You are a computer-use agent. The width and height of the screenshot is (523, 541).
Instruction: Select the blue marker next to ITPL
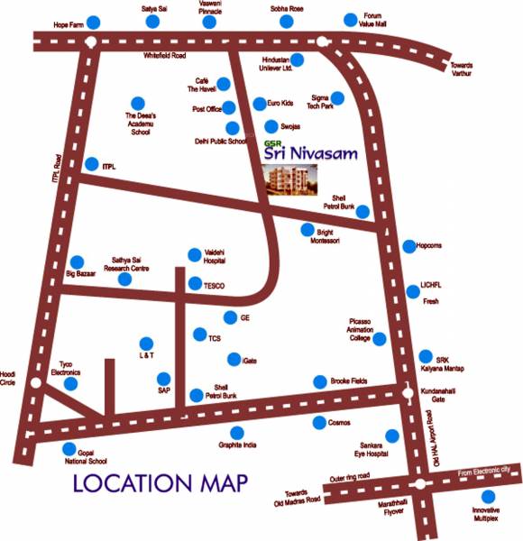[x=90, y=164]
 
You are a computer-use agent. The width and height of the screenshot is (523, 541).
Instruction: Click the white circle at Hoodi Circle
[x=35, y=383]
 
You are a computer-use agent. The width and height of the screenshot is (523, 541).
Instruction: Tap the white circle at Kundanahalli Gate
[x=402, y=390]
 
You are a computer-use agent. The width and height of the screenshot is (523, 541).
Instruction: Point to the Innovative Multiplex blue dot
[x=488, y=497]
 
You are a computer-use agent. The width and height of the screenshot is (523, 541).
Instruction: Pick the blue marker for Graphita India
[x=236, y=433]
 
